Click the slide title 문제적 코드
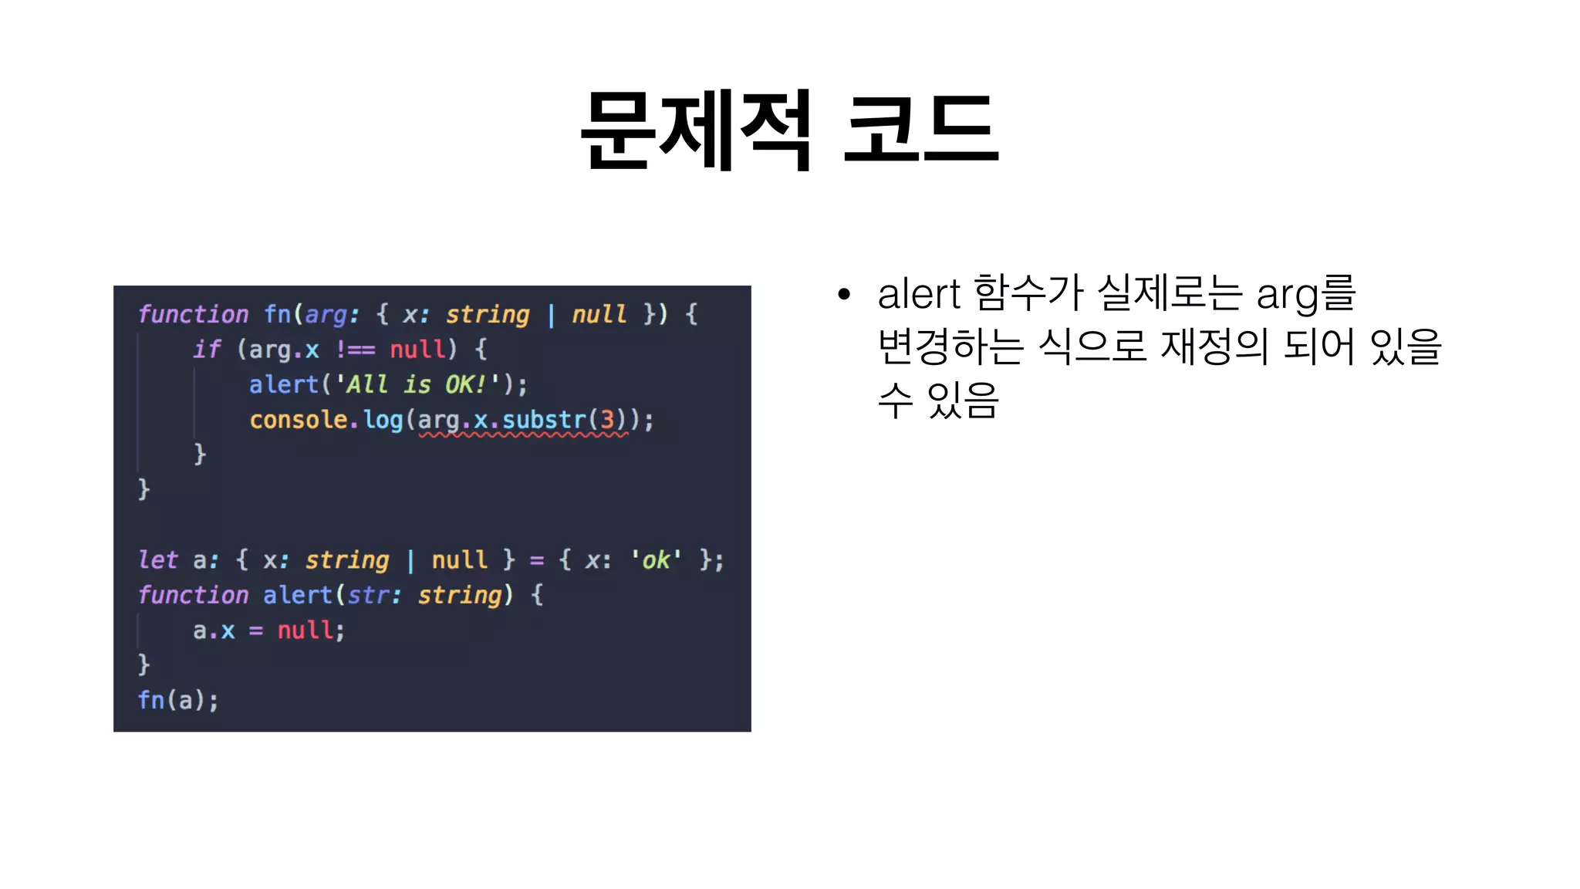point(789,130)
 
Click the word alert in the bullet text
point(919,294)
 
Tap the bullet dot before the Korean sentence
point(844,294)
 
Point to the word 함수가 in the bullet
point(1028,294)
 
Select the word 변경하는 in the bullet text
point(950,346)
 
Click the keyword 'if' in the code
point(207,350)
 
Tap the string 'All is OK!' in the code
point(417,384)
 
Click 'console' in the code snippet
point(299,420)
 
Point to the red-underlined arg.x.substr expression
point(523,421)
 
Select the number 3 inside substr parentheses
point(608,420)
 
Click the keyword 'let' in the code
point(157,559)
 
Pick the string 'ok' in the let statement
point(656,559)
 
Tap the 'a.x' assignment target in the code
point(214,630)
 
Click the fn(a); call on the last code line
point(178,700)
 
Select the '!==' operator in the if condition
point(355,350)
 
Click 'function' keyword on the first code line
point(193,314)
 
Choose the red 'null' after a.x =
point(306,630)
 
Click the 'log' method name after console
point(383,420)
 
